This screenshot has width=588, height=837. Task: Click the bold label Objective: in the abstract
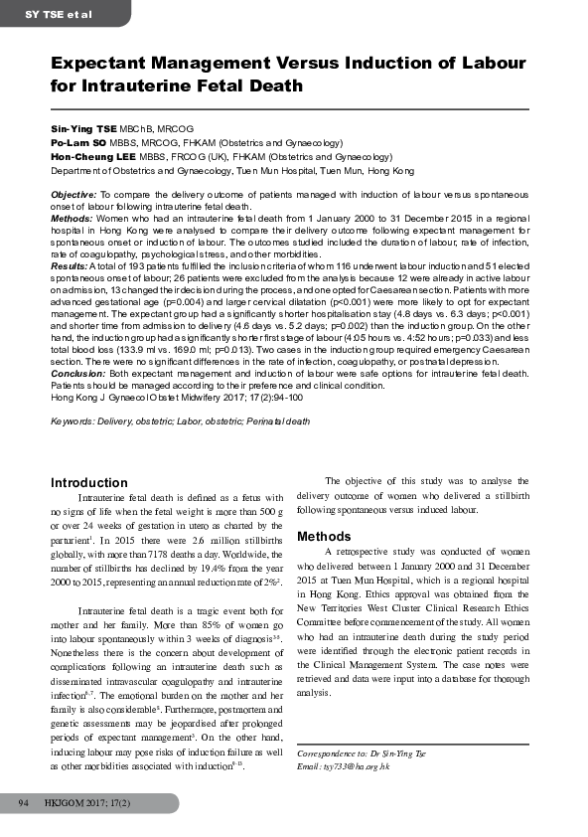73,193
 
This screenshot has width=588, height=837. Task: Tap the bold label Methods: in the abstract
71,216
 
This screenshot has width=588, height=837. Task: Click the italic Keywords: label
73,421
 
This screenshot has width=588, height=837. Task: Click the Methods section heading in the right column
324,537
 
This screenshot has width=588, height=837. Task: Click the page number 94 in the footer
18,800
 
